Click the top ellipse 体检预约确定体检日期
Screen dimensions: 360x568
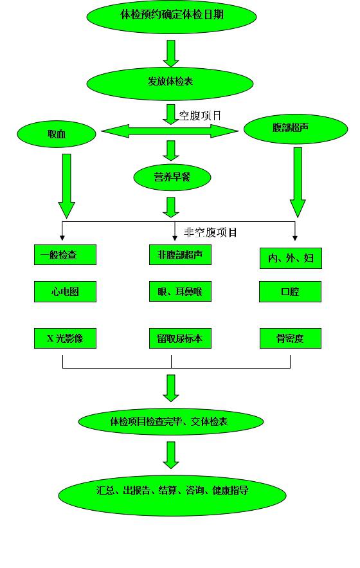point(171,16)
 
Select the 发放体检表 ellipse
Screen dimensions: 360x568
point(170,82)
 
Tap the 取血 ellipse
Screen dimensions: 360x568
point(57,134)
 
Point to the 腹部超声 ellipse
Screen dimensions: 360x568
point(296,129)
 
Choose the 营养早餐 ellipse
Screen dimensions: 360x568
point(172,178)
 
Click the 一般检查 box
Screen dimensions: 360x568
point(65,255)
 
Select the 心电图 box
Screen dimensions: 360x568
point(65,291)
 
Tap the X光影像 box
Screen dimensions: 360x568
point(65,338)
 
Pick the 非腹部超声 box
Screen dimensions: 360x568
point(180,255)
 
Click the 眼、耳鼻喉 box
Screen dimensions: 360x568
point(180,291)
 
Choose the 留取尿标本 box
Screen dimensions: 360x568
point(180,338)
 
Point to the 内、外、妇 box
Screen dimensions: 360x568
point(291,259)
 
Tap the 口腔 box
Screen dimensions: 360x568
point(290,291)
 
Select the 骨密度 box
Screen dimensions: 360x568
point(291,338)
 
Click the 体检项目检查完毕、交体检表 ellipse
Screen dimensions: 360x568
point(170,421)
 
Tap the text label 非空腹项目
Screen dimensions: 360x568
point(210,232)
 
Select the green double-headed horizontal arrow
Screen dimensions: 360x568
point(170,131)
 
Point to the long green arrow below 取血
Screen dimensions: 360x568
point(66,186)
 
